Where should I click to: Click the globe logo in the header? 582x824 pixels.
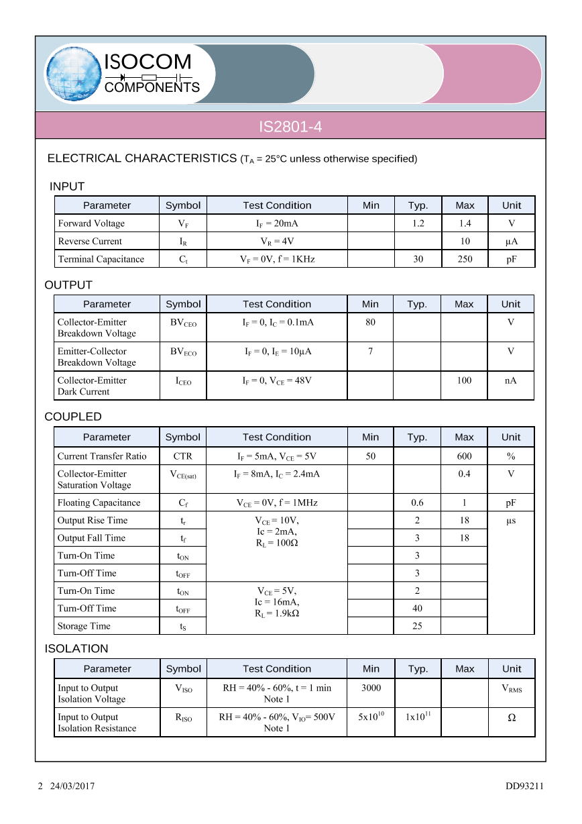click(x=72, y=74)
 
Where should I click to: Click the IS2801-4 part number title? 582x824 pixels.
click(x=290, y=126)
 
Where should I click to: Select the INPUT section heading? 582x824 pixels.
click(x=67, y=187)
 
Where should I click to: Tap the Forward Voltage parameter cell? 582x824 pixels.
click(x=91, y=223)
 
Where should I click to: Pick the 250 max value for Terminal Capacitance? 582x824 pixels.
click(x=465, y=259)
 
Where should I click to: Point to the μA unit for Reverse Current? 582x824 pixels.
click(x=512, y=242)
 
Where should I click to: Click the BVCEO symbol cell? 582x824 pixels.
click(x=183, y=323)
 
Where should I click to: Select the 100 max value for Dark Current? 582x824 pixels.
click(x=464, y=380)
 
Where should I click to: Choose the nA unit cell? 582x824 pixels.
click(x=511, y=380)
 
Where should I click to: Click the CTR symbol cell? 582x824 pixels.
click(x=182, y=456)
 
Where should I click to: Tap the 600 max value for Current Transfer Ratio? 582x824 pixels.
click(x=464, y=456)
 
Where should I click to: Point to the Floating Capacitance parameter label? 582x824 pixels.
click(x=99, y=503)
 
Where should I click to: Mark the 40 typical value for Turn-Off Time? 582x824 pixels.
click(x=417, y=609)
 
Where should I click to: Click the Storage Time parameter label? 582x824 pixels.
click(x=84, y=626)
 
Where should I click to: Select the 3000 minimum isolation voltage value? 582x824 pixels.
click(x=371, y=688)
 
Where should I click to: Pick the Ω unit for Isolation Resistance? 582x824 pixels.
click(x=512, y=717)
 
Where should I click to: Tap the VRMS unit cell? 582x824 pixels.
click(x=512, y=688)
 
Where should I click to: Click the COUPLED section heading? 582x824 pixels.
click(x=73, y=417)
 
